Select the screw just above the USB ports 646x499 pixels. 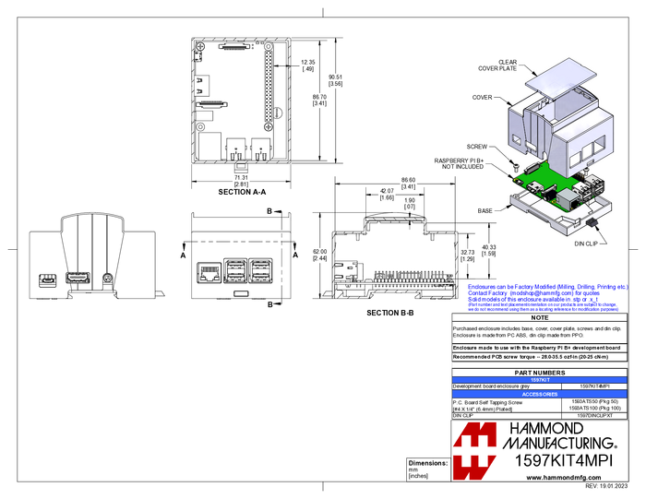(584, 168)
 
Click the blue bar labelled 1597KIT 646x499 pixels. (539, 379)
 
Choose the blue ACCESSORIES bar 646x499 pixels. (539, 394)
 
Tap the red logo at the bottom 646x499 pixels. (476, 451)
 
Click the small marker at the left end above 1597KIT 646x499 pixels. (452, 365)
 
